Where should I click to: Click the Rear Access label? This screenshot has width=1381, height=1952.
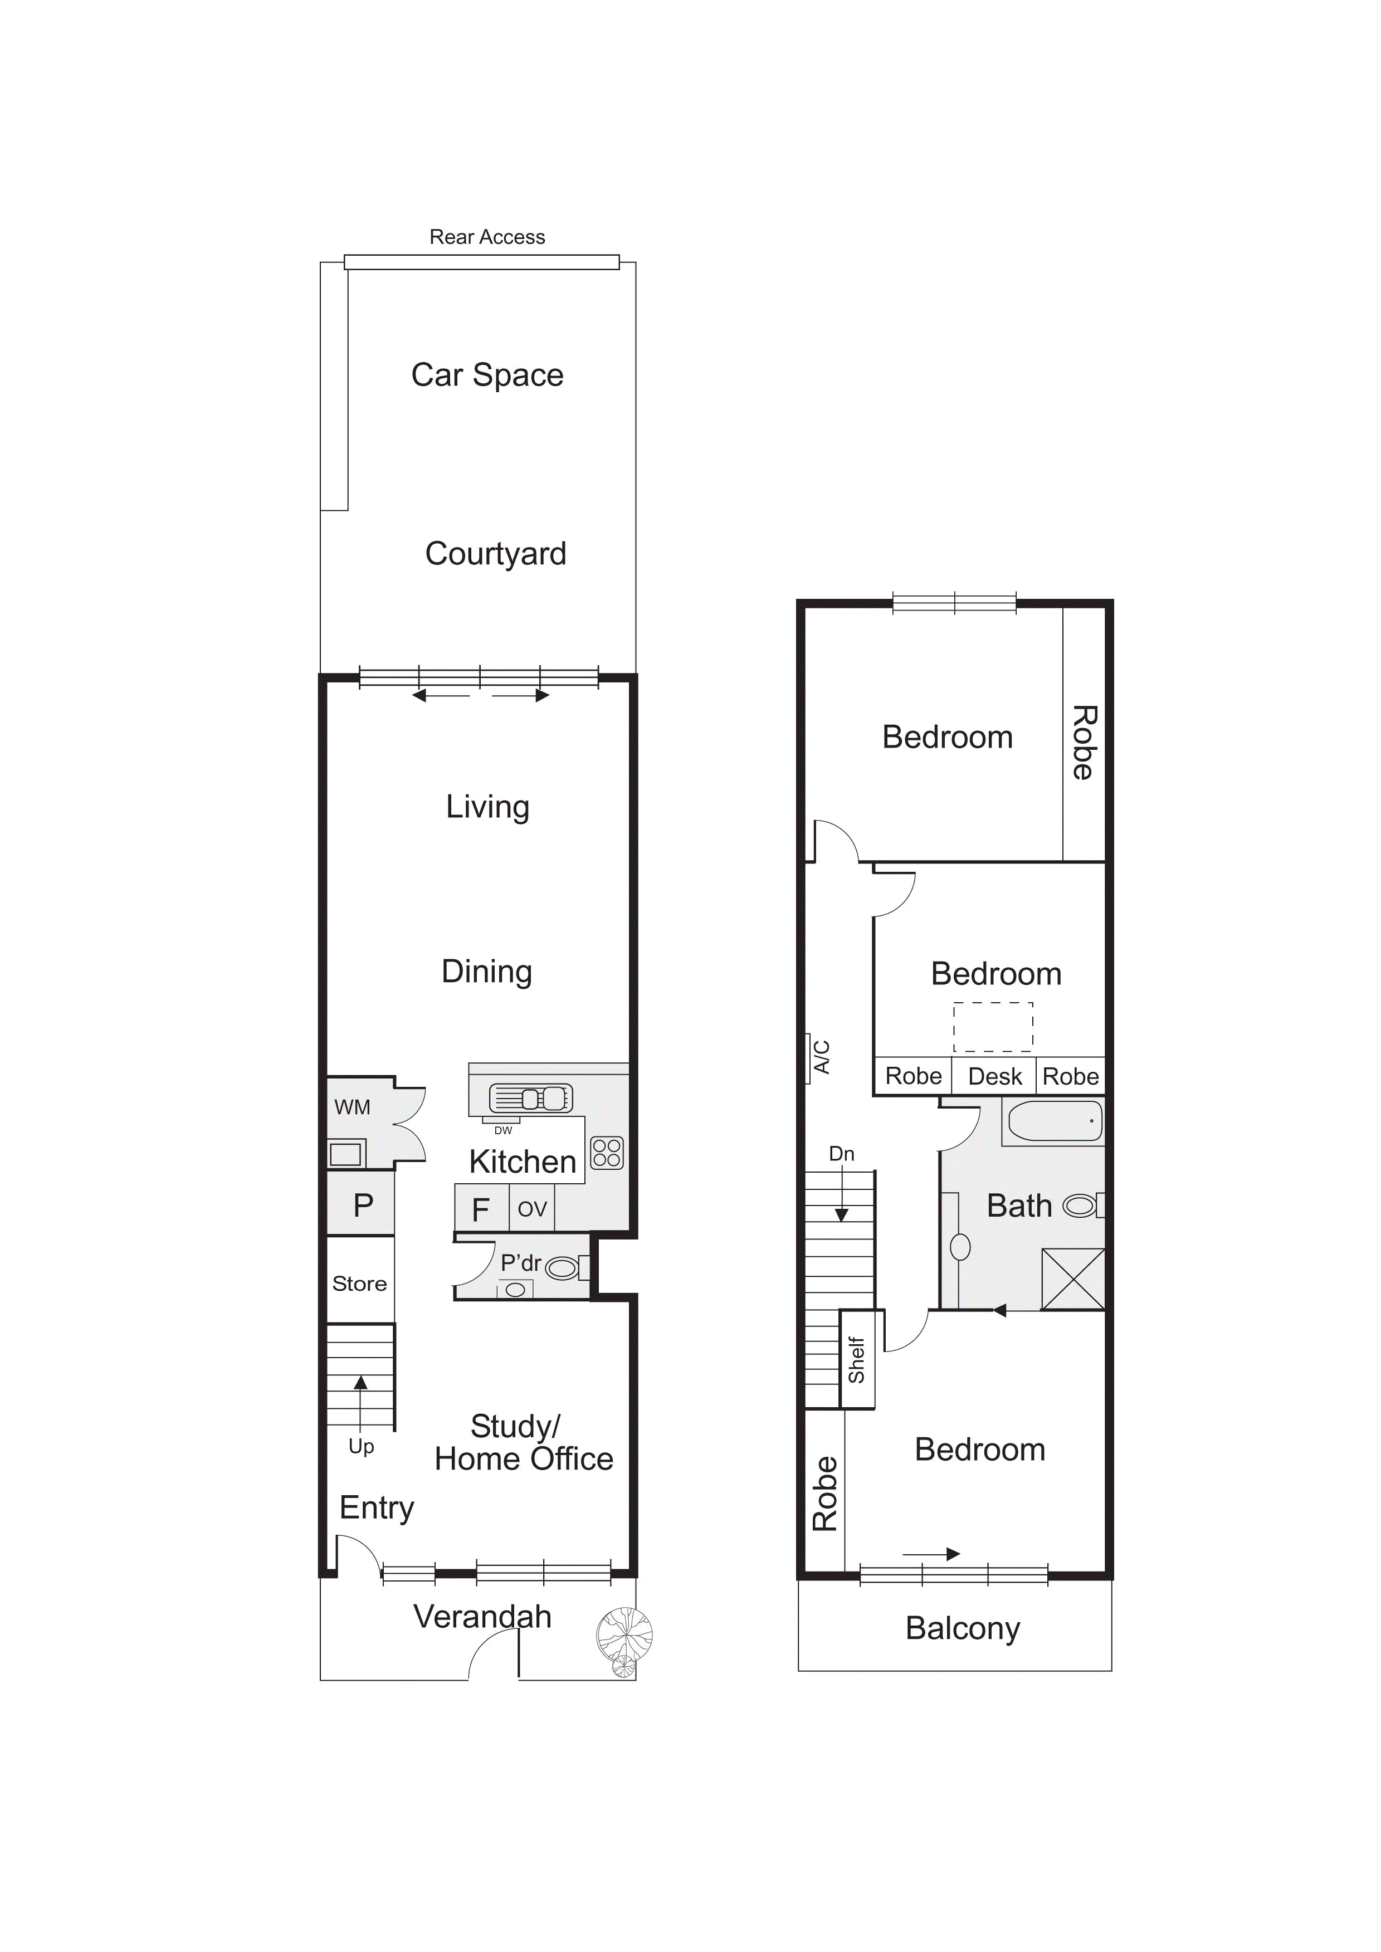(x=487, y=237)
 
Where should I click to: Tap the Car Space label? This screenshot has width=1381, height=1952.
(x=487, y=375)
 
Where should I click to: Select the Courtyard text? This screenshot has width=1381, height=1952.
(x=496, y=554)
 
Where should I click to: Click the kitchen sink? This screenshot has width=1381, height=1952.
(x=531, y=1099)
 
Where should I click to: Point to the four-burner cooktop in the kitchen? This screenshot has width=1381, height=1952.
(x=607, y=1153)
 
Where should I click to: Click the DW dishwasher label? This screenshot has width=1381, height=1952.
(x=504, y=1130)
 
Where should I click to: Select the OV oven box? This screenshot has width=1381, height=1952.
(x=531, y=1208)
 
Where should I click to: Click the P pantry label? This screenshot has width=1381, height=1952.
(x=363, y=1205)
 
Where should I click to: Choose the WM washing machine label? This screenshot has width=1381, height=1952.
(x=352, y=1107)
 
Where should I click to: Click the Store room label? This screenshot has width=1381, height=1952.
(x=360, y=1284)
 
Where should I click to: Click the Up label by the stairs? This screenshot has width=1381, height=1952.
(x=362, y=1447)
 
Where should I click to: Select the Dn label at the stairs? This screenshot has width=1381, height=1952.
(x=842, y=1154)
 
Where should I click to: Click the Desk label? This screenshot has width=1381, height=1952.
(x=995, y=1076)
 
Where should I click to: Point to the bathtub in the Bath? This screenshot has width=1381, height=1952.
(x=1055, y=1120)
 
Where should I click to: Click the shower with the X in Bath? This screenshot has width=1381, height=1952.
(x=1073, y=1278)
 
